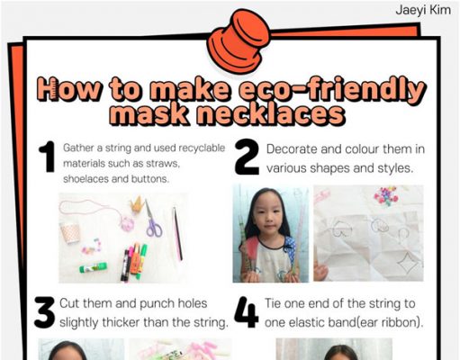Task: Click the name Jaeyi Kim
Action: (x=423, y=10)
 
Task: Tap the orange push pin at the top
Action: (x=239, y=41)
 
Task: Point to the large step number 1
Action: (x=48, y=157)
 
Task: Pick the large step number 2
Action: (x=247, y=157)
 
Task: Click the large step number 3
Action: (x=45, y=312)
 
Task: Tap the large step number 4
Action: (x=246, y=312)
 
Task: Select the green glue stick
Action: (x=93, y=267)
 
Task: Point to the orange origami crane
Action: (x=138, y=204)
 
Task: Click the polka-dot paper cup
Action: (x=70, y=233)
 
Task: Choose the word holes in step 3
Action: (x=193, y=303)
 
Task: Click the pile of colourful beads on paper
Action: (x=386, y=195)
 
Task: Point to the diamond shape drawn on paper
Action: (x=407, y=263)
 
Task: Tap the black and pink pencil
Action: (x=177, y=233)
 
